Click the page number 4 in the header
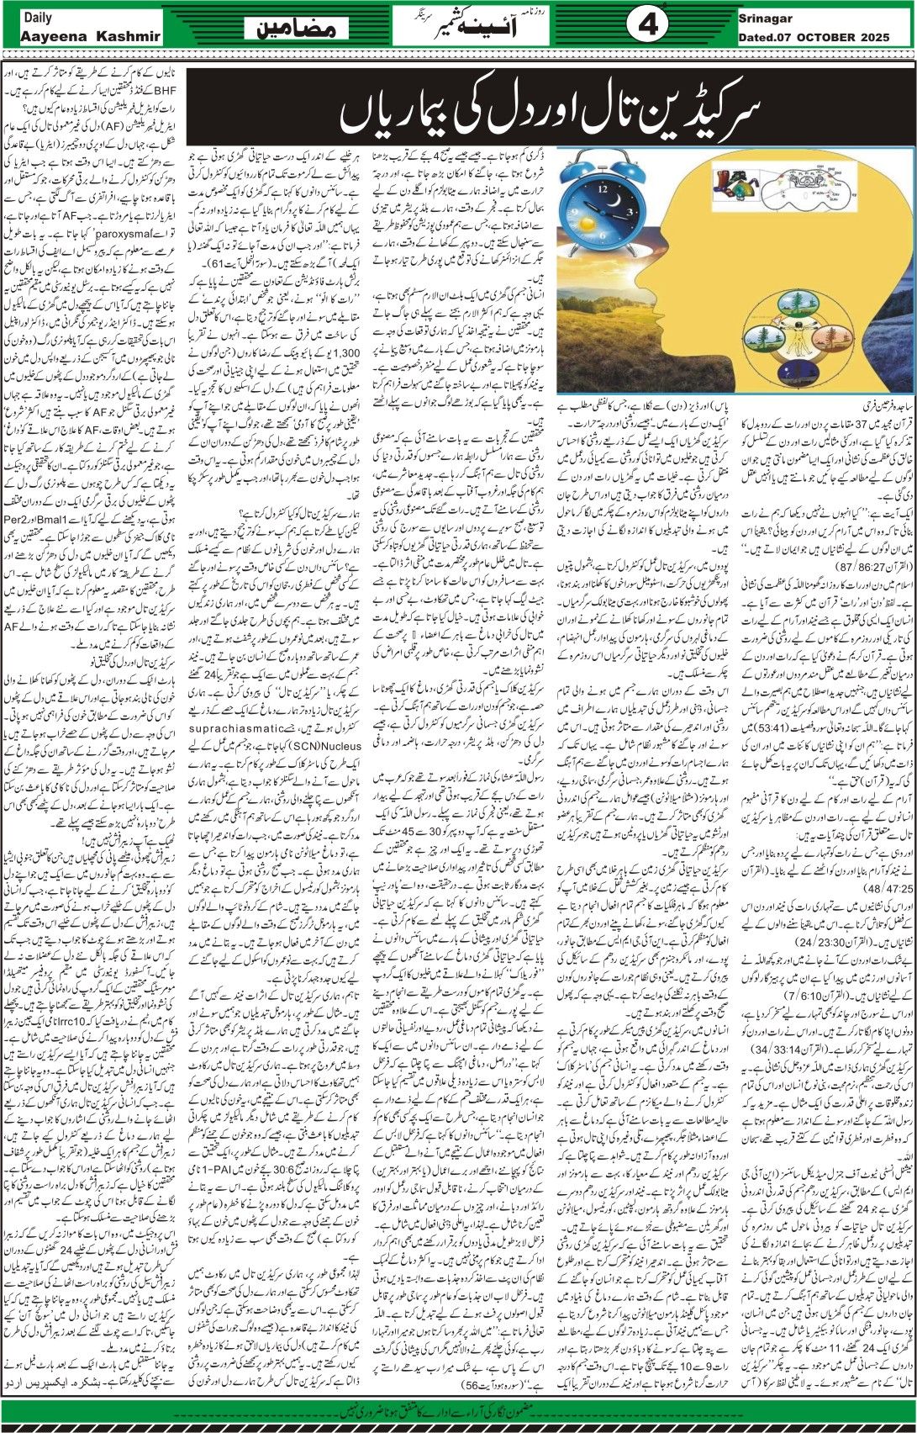click(x=647, y=26)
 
